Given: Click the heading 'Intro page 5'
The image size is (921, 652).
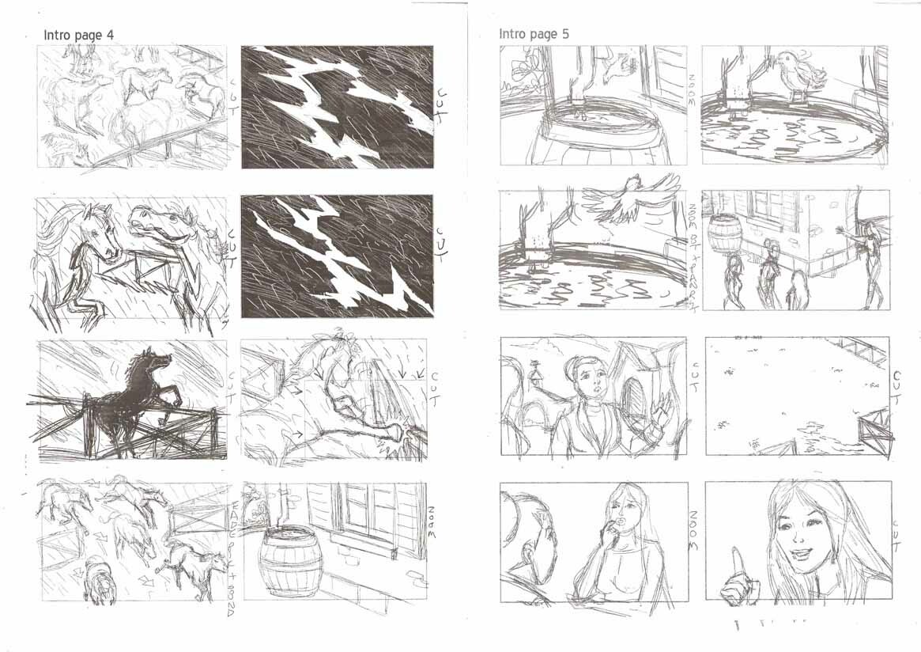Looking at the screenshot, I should click(x=534, y=34).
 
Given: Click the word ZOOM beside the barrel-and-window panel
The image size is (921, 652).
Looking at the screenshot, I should click(x=432, y=523).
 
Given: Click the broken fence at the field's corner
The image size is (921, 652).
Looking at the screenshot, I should click(x=875, y=427).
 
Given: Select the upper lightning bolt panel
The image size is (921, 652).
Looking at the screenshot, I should click(x=337, y=107).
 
